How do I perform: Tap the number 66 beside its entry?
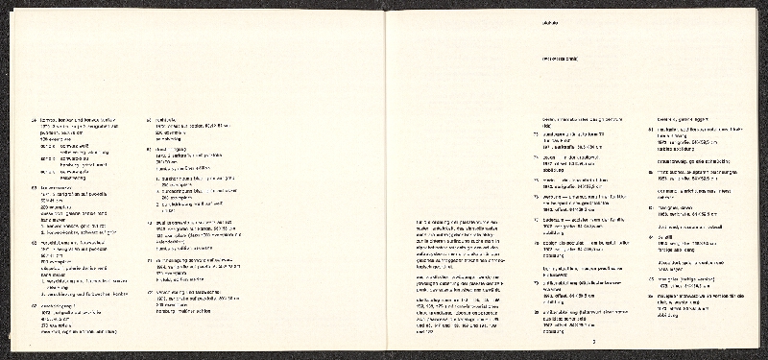coord(34,244)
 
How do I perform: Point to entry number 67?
coord(34,303)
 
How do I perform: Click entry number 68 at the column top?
coord(148,118)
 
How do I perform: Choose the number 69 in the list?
coord(148,149)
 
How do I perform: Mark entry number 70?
coord(148,220)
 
